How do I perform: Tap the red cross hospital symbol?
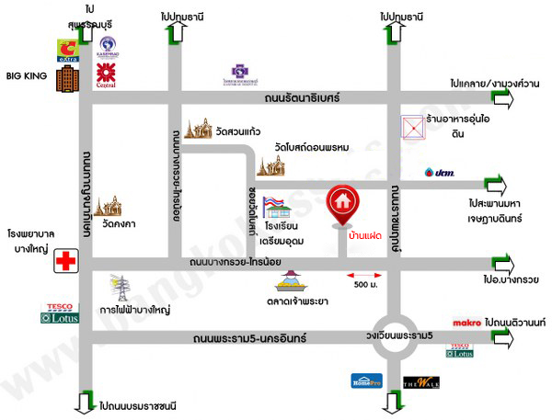(x=65, y=261)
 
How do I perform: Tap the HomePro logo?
(x=364, y=380)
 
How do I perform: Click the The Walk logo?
(x=417, y=382)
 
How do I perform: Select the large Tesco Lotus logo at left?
(x=61, y=313)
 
